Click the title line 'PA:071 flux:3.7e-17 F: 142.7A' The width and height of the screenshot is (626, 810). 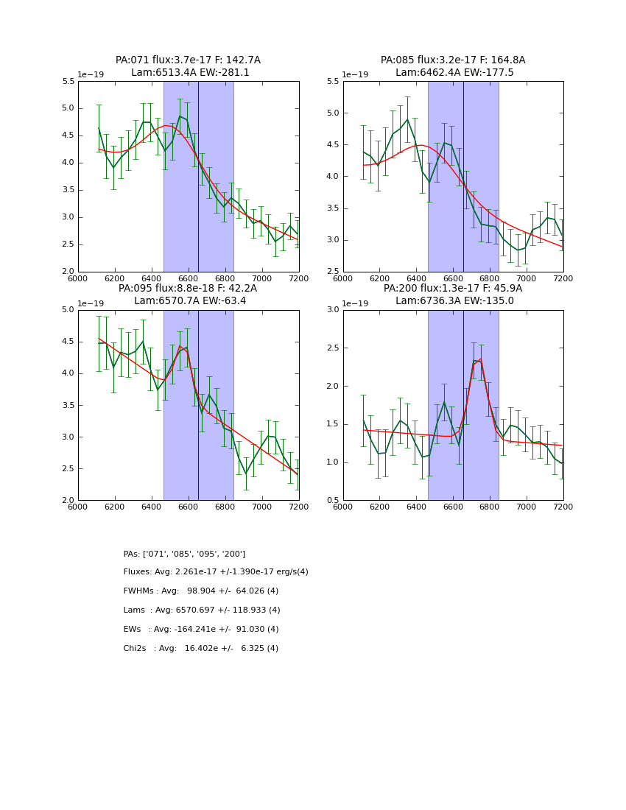click(x=188, y=60)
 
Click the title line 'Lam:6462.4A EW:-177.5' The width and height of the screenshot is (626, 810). click(x=453, y=73)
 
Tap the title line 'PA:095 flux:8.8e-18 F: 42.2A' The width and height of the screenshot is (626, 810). click(x=188, y=289)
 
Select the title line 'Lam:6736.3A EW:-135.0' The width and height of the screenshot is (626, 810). click(x=453, y=301)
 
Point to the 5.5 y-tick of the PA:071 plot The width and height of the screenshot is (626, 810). click(x=67, y=82)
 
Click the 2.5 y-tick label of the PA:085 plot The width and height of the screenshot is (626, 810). click(x=332, y=272)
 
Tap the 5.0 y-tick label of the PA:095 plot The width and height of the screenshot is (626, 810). click(x=67, y=310)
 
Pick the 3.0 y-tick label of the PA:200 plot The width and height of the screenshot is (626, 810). click(x=332, y=310)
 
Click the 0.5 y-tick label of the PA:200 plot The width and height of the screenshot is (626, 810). click(x=332, y=501)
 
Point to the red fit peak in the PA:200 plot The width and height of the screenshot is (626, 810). click(x=480, y=359)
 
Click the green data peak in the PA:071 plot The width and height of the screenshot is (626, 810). click(x=180, y=116)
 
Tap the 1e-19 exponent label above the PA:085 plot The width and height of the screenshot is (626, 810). click(x=356, y=75)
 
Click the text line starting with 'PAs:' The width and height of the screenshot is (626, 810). click(x=184, y=554)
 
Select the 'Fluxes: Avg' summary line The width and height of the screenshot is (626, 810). click(x=216, y=572)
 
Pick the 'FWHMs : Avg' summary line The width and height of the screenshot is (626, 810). click(x=201, y=591)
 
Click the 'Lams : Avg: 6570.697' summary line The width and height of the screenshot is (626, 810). click(x=202, y=610)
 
